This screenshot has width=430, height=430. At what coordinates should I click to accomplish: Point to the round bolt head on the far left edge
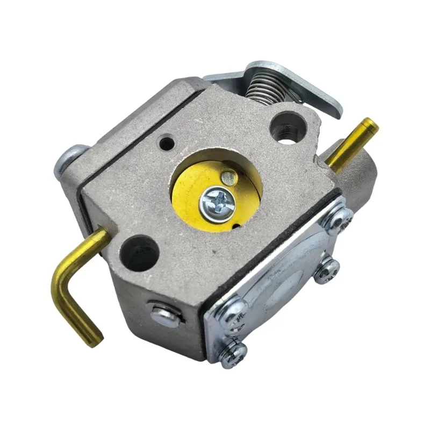pyautogui.click(x=64, y=160)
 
